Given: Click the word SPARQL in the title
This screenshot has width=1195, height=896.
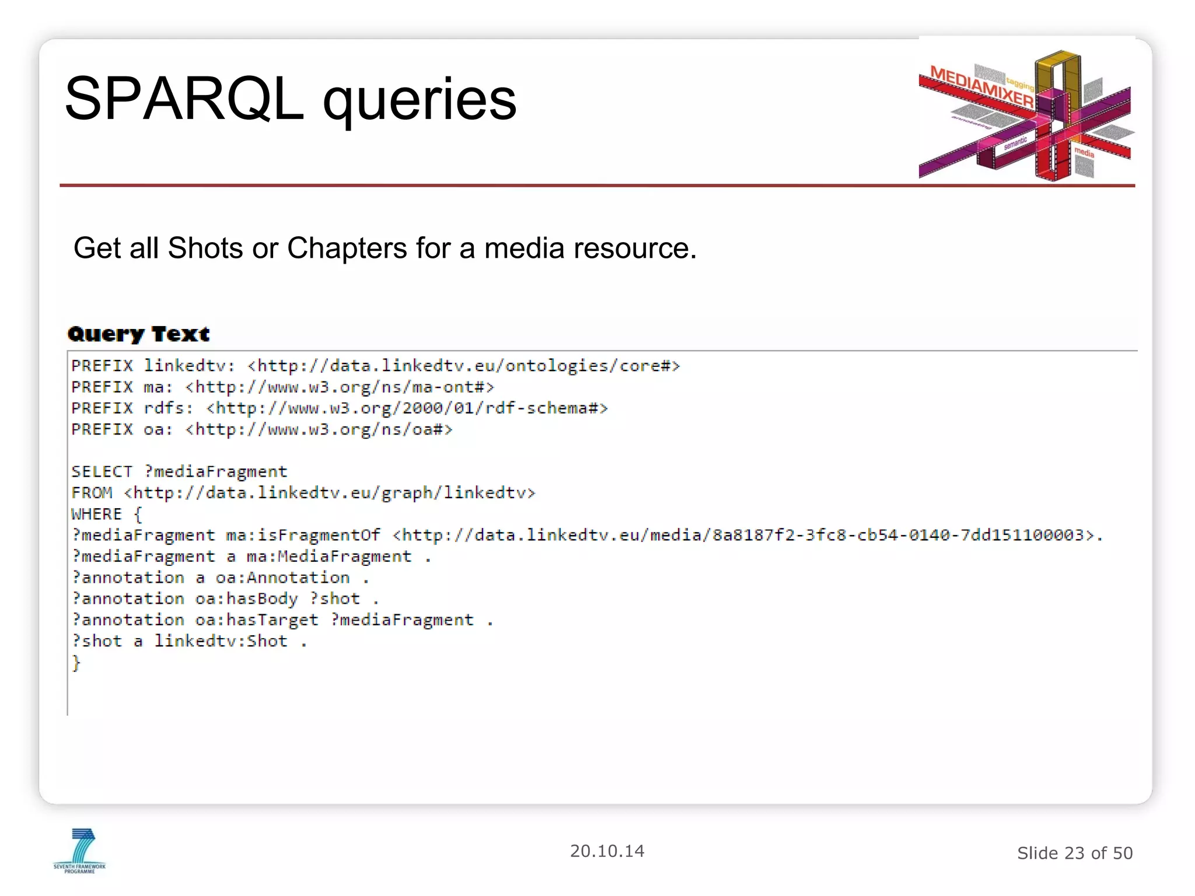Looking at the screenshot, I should click(184, 99).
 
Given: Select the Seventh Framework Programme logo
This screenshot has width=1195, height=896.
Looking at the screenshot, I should click(80, 850).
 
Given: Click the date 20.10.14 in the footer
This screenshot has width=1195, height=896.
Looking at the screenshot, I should click(607, 851).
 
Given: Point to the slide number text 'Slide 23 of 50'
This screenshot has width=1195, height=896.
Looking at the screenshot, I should click(1074, 853).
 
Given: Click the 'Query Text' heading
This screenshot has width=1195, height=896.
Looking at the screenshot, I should click(139, 334).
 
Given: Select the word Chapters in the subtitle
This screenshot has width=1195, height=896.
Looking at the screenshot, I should click(347, 248).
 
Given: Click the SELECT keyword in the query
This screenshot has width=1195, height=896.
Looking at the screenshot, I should click(102, 471).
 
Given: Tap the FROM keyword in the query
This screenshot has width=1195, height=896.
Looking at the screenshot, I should click(92, 493).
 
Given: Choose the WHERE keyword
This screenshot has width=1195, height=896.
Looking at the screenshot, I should click(97, 514).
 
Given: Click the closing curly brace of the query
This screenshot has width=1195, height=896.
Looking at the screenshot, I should click(76, 663).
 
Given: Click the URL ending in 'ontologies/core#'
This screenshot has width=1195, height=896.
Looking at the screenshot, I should click(464, 366).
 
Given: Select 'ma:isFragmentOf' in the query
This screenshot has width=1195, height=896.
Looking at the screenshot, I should click(303, 535).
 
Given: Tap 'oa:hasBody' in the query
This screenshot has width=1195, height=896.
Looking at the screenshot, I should click(246, 598).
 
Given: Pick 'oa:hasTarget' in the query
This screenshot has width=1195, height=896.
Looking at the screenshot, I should click(257, 619).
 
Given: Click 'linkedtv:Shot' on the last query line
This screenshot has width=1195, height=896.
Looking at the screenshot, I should click(221, 641).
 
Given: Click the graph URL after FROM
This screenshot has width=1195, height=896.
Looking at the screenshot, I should click(330, 493).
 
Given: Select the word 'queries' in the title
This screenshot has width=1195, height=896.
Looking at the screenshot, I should click(420, 99).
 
